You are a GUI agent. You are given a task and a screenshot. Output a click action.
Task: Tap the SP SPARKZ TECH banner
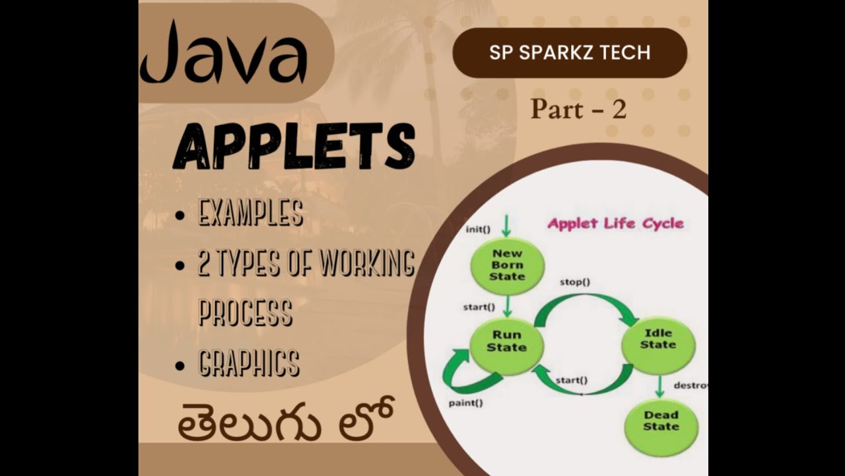(x=570, y=53)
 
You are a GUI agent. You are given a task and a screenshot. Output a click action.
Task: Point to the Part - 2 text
(x=578, y=109)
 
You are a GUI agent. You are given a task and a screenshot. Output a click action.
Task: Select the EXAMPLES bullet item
(x=250, y=213)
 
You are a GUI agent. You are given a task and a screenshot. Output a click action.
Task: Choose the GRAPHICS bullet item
(x=249, y=363)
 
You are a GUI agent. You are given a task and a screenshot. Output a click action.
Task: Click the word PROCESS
(x=245, y=311)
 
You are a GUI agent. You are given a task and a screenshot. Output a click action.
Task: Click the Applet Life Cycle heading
(x=615, y=223)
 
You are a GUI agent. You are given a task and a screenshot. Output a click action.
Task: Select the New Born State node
(x=507, y=264)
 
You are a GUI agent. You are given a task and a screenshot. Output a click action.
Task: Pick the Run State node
(x=506, y=341)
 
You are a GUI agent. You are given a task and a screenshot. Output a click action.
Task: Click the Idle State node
(x=658, y=338)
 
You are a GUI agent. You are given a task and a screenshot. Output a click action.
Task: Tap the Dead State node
(x=661, y=421)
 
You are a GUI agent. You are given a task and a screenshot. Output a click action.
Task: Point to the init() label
(x=478, y=229)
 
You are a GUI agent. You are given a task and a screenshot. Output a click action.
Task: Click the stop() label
(x=574, y=282)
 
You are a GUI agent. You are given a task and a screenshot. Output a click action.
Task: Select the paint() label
(x=465, y=402)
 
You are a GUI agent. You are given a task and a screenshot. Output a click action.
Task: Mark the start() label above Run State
(x=479, y=307)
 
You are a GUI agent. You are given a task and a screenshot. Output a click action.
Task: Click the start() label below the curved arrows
(x=571, y=380)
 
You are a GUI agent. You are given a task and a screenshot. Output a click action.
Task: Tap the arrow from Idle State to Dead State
(x=659, y=386)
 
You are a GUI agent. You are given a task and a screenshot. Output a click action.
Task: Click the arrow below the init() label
(x=506, y=225)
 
